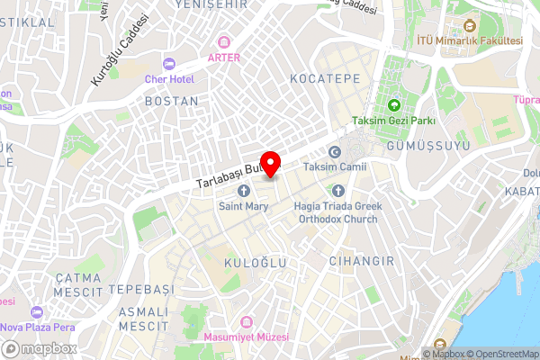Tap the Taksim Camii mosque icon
coord(335,151)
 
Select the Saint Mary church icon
coord(243,191)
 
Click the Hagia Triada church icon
coord(338,191)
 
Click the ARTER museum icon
coord(224,40)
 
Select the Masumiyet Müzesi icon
coord(246,321)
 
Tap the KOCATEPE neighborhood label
coord(325,79)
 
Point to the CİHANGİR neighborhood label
coord(363,261)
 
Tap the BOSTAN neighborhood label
coord(171,102)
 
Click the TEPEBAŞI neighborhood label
coord(139,290)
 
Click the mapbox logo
coord(38,348)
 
